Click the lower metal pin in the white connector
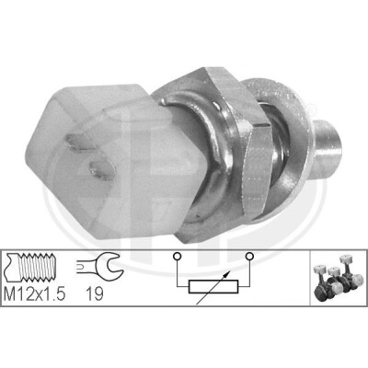pyautogui.click(x=102, y=168)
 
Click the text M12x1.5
pyautogui.click(x=35, y=294)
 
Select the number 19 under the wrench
pyautogui.click(x=95, y=294)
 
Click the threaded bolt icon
pyautogui.click(x=30, y=267)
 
